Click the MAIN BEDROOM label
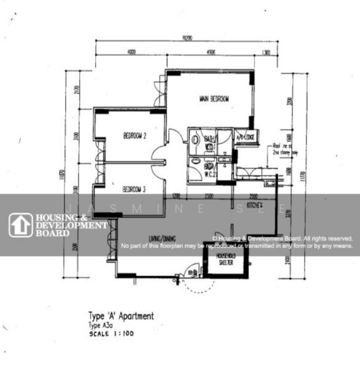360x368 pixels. coord(214,99)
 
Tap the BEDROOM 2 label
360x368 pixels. coord(134,136)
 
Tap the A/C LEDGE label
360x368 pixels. coord(245,137)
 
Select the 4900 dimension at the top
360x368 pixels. coord(210,53)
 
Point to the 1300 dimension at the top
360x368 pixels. coord(266,53)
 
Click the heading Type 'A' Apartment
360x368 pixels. coord(121,316)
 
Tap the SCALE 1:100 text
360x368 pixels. coord(111,334)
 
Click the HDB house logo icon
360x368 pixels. coord(20,225)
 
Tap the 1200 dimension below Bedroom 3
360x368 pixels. coord(177,196)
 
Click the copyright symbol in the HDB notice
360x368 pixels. coord(215,238)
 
